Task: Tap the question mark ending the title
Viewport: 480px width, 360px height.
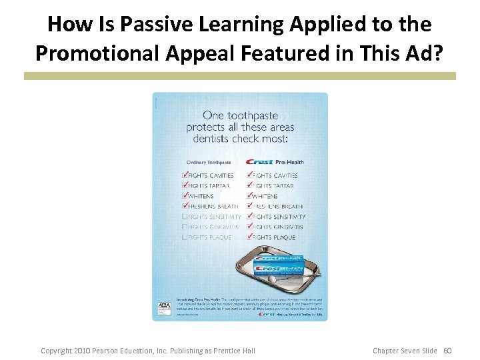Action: (x=437, y=53)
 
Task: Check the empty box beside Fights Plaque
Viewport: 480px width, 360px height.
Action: (x=185, y=237)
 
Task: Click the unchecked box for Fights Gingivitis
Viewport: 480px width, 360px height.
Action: (x=185, y=227)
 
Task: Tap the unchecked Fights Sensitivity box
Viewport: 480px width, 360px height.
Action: (x=185, y=217)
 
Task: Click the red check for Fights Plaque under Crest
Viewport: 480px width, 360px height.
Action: (x=250, y=237)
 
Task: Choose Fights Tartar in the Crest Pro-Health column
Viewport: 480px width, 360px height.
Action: (x=273, y=186)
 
